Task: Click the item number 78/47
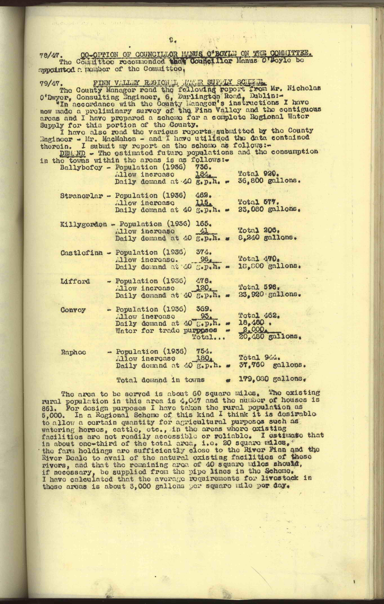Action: (49, 56)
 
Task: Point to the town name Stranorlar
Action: (82, 196)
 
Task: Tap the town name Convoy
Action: (73, 310)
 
